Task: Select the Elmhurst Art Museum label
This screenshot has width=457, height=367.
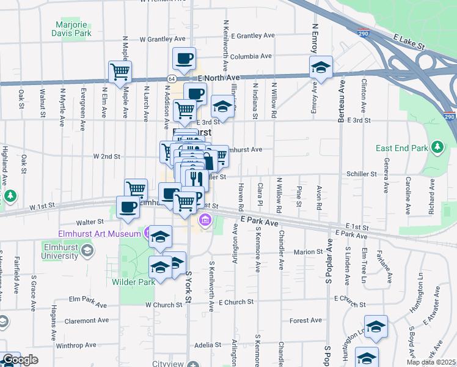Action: (x=101, y=233)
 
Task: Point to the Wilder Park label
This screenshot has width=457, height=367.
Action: (x=131, y=282)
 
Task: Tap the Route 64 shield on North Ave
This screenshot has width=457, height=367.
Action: (x=172, y=78)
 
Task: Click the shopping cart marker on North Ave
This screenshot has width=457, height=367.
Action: (x=120, y=72)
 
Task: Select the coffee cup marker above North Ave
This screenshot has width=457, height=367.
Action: (x=184, y=59)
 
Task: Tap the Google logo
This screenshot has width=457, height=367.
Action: (x=20, y=360)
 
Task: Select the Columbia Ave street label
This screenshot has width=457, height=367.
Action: (x=250, y=56)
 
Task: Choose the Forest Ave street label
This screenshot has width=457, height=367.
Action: (x=305, y=321)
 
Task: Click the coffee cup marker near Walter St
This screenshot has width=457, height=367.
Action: (x=127, y=207)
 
